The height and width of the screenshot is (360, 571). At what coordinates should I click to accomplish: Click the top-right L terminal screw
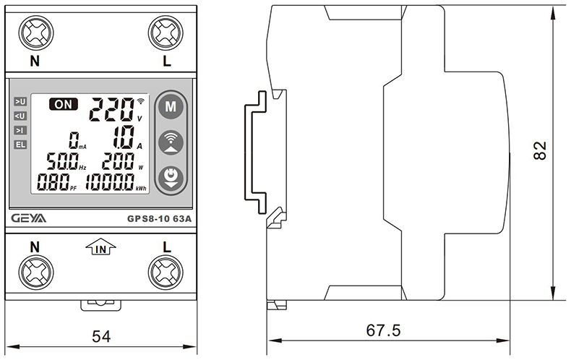(166, 32)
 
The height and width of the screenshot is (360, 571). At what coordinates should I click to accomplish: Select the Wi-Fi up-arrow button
(171, 142)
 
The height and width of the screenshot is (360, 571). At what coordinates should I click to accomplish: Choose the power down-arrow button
(171, 177)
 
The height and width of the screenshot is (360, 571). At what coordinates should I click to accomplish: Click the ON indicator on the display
(64, 104)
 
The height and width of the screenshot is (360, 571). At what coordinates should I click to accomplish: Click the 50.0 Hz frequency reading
(61, 161)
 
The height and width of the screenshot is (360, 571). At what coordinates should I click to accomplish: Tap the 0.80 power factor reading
(53, 182)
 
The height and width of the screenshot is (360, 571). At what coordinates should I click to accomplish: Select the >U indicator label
(20, 102)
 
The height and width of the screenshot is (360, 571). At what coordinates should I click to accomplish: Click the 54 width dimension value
(102, 336)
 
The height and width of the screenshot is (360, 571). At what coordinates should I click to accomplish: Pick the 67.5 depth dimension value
(383, 330)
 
